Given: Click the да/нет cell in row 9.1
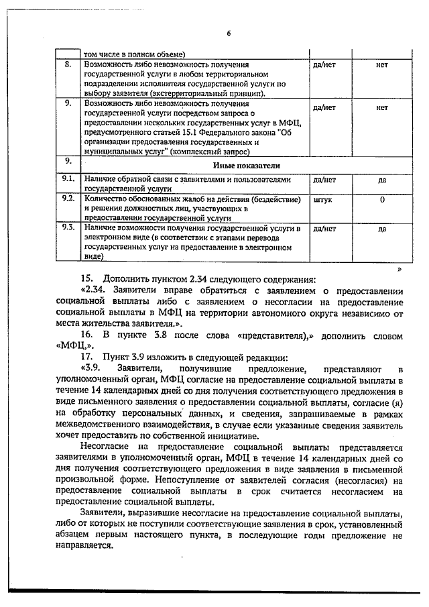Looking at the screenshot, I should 324,180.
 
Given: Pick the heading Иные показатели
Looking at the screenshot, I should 246,165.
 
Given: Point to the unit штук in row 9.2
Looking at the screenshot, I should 322,200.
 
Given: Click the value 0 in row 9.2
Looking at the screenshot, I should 382,200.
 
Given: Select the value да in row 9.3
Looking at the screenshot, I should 382,229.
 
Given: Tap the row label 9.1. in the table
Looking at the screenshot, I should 67,180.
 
